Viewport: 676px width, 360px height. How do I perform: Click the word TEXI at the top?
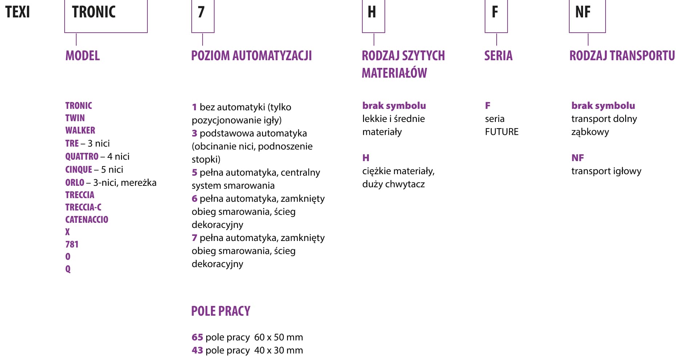[17, 12]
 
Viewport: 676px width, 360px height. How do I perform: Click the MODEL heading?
[82, 56]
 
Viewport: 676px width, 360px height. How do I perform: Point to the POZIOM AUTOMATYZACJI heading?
[251, 56]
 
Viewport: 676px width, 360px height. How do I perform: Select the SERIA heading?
[498, 56]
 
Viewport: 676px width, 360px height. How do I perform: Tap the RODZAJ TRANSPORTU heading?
[622, 56]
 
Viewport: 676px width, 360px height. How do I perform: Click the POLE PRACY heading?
[221, 311]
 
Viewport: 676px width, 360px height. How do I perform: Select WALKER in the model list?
[80, 130]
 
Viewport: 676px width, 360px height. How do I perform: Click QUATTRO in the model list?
[82, 156]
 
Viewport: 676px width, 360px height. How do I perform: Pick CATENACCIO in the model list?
[87, 220]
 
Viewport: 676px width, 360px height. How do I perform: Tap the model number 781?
[72, 244]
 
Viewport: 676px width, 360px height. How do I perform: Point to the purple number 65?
[197, 337]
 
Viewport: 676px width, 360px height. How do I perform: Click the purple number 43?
[197, 350]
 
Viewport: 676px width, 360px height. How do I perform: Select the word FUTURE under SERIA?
[502, 132]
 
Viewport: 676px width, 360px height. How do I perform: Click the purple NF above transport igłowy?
[578, 158]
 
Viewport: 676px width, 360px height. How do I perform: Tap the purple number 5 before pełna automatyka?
[195, 172]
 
